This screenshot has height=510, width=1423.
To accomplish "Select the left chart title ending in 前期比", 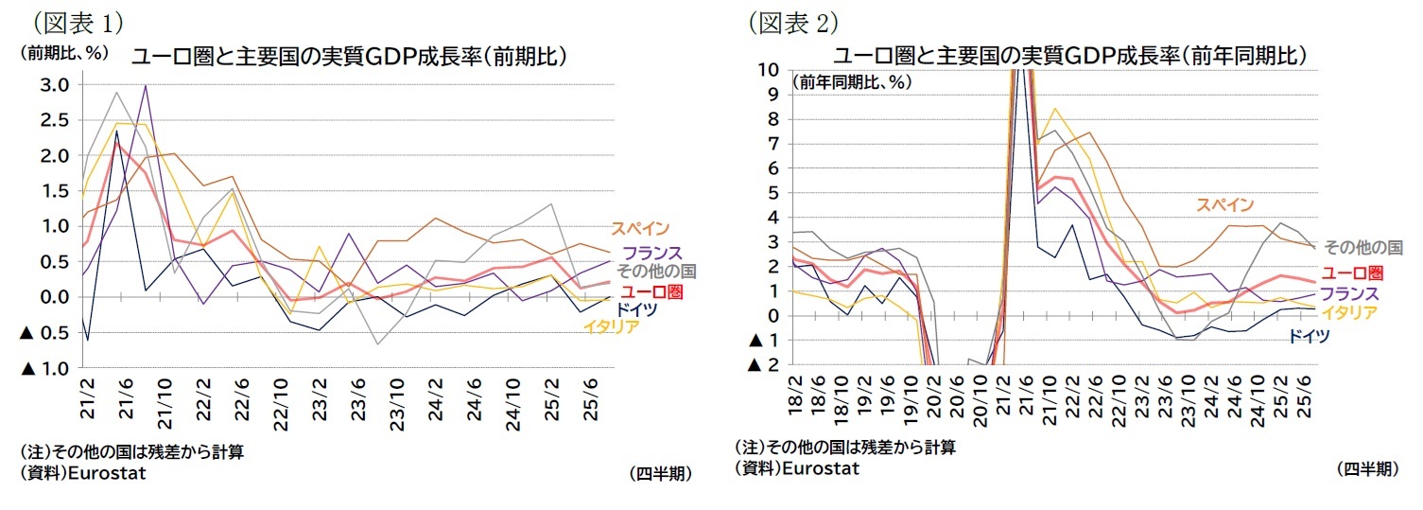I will (349, 56).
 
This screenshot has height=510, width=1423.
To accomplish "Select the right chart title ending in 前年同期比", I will (1069, 56).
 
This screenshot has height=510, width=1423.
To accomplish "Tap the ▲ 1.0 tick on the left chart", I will (44, 368).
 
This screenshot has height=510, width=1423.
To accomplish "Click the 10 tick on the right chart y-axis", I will (768, 69).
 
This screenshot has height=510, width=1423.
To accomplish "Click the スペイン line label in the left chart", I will (639, 228).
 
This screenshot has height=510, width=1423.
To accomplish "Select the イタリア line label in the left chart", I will (611, 327).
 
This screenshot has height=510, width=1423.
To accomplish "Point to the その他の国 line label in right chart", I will (1362, 247).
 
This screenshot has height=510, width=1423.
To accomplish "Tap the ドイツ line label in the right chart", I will (1310, 337).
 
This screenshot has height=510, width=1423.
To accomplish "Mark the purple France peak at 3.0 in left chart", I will (146, 86).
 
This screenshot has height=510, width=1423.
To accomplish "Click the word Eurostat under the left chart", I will (108, 473).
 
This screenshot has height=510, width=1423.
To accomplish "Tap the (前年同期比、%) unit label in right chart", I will (852, 81).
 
